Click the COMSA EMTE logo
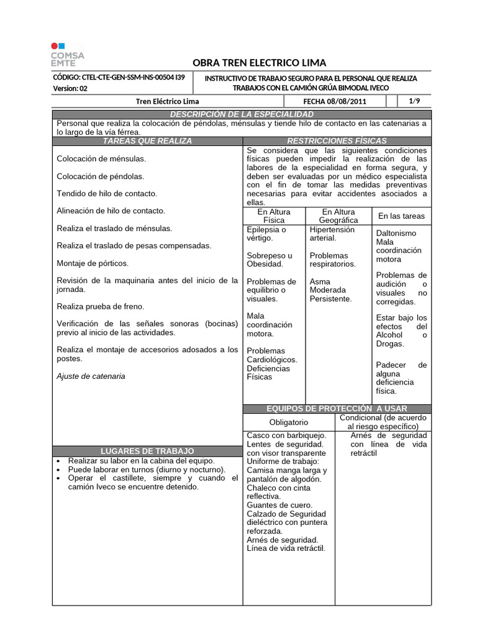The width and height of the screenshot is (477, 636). (68, 55)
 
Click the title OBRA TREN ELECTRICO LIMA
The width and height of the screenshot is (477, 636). (259, 63)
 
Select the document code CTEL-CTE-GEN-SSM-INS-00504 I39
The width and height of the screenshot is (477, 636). (119, 78)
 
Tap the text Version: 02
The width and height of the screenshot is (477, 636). (71, 89)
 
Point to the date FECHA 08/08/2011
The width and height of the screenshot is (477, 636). (335, 101)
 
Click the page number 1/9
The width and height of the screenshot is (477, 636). (414, 101)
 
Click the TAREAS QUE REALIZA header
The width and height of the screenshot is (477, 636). (147, 142)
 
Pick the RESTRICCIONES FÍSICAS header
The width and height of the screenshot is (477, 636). (337, 142)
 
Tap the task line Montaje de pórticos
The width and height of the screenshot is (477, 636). (93, 263)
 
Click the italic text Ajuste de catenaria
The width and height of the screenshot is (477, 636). (91, 376)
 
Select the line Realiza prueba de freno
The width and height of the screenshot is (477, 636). (100, 306)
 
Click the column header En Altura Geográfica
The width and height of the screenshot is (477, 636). (338, 216)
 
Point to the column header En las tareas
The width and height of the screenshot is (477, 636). (401, 216)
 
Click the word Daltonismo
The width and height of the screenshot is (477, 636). (396, 233)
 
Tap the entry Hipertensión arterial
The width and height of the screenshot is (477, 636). (332, 234)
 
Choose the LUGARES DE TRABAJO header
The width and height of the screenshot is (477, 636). (147, 451)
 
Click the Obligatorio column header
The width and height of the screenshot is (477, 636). (289, 422)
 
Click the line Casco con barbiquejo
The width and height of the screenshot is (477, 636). (282, 436)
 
